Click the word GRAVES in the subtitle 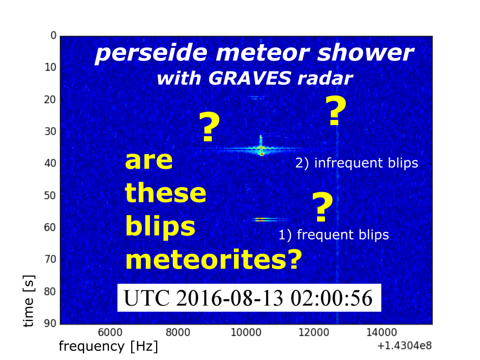click(x=250, y=78)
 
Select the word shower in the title click(x=366, y=53)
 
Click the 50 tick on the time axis click(x=50, y=195)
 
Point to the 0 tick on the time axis click(x=53, y=36)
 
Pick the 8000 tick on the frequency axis click(x=178, y=332)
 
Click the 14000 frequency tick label click(x=381, y=332)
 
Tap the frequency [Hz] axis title click(x=108, y=347)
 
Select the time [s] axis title click(x=28, y=301)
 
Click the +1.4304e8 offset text click(x=404, y=346)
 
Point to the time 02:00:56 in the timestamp click(x=332, y=298)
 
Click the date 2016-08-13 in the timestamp click(x=230, y=298)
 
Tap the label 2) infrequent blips click(x=356, y=163)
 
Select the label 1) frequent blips click(x=334, y=235)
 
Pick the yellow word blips click(x=160, y=227)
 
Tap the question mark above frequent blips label click(x=322, y=207)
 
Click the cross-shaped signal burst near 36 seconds click(x=261, y=149)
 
